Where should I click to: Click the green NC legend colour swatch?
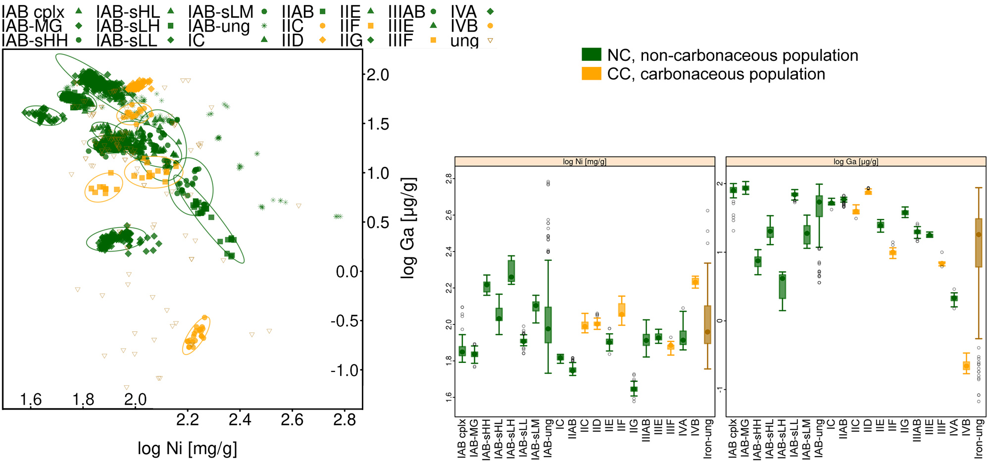click(592, 54)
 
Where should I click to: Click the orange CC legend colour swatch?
click(592, 74)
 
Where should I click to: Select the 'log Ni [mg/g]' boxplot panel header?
click(585, 161)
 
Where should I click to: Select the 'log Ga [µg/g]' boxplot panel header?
click(855, 161)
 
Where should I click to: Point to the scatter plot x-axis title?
click(187, 448)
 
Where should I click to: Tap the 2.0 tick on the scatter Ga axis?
click(377, 75)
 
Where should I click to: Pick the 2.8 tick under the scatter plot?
click(345, 420)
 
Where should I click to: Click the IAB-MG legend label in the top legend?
click(32, 26)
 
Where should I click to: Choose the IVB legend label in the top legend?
click(464, 26)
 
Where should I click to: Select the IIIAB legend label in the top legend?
click(406, 11)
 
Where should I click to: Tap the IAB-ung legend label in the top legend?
click(219, 26)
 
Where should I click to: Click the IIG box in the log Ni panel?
click(634, 389)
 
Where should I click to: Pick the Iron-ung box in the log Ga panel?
click(978, 243)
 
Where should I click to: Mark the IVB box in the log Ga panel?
click(966, 366)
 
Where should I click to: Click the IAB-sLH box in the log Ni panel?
click(511, 271)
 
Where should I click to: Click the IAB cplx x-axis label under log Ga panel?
click(733, 438)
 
